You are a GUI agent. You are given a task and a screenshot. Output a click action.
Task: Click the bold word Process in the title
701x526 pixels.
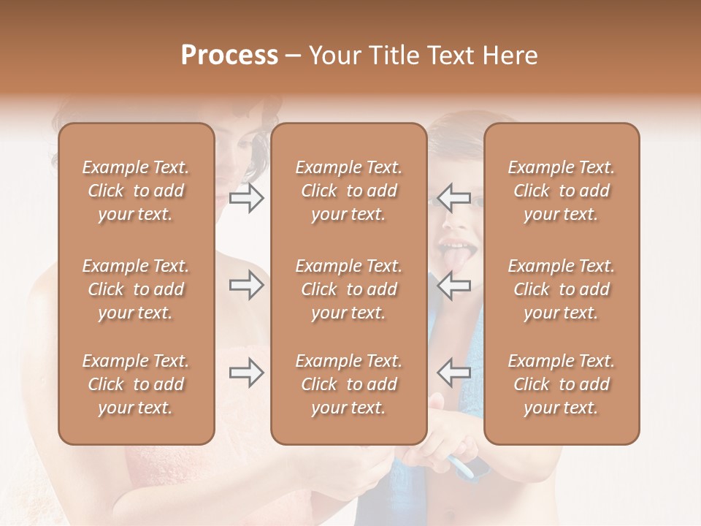tap(229, 56)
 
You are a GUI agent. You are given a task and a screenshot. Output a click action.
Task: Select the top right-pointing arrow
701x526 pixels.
tap(247, 198)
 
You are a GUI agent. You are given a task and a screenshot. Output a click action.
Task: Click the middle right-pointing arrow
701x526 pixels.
tap(247, 285)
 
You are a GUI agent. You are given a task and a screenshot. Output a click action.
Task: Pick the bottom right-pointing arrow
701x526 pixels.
tap(247, 373)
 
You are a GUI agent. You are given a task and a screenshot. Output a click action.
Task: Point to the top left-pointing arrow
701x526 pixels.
tap(453, 198)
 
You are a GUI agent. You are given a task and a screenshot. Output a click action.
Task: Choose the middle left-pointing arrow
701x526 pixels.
tap(453, 285)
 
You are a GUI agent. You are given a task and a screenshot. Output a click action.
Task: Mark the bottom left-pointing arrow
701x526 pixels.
tap(453, 373)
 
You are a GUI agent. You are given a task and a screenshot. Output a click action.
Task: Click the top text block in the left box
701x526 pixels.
tap(136, 191)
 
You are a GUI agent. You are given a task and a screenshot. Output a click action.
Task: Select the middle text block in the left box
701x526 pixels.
tap(136, 289)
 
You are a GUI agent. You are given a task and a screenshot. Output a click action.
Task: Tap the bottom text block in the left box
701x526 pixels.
tap(136, 384)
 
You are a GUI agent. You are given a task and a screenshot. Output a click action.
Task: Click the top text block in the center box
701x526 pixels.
tap(348, 191)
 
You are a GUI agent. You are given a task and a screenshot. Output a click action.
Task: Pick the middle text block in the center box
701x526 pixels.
tap(348, 289)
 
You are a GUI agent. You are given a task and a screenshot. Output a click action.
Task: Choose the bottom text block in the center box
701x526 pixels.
tap(348, 384)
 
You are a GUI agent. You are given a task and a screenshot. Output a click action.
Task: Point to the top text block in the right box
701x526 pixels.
tap(561, 191)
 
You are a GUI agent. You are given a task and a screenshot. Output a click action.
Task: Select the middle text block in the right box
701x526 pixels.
tap(561, 289)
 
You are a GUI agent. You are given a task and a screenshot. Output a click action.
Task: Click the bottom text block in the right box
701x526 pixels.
tap(561, 384)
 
